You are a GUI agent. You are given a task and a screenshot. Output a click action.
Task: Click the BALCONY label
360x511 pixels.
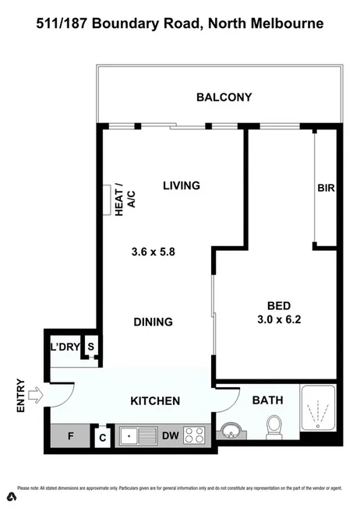tap(224, 97)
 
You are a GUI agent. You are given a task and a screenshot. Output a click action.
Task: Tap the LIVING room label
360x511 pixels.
tap(182, 185)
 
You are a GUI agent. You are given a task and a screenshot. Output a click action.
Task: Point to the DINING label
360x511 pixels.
tap(152, 322)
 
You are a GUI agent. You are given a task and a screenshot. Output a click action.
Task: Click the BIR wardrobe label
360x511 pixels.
tap(326, 188)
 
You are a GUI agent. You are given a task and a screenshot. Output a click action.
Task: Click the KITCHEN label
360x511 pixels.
tap(154, 401)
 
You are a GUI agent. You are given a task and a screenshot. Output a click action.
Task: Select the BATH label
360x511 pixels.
tap(267, 400)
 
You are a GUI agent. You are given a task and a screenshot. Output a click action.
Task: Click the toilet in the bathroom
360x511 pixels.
tap(274, 427)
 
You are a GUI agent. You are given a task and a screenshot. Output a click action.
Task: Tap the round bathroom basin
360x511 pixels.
tap(230, 431)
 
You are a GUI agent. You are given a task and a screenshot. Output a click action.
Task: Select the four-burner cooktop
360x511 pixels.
tap(195, 437)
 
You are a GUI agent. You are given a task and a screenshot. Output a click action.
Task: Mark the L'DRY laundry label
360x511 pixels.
tap(65, 347)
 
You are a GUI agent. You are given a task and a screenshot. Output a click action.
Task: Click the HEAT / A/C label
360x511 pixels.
tap(124, 198)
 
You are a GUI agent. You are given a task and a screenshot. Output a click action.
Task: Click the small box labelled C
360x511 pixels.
tap(103, 438)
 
